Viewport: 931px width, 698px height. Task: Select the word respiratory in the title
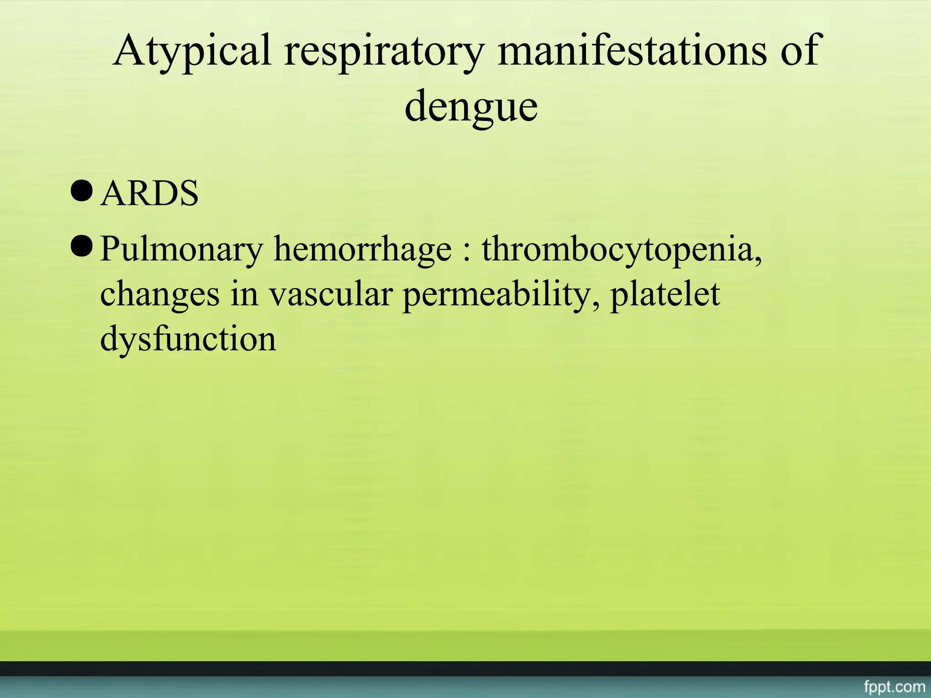pyautogui.click(x=384, y=51)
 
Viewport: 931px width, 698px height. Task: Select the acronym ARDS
pyautogui.click(x=149, y=193)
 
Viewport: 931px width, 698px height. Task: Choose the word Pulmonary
pyautogui.click(x=181, y=250)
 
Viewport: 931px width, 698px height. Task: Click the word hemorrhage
pyautogui.click(x=362, y=250)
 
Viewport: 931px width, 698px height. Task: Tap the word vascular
pyautogui.click(x=330, y=294)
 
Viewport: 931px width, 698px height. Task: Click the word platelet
pyautogui.click(x=665, y=294)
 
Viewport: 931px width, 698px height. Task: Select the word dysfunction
pyautogui.click(x=188, y=339)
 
